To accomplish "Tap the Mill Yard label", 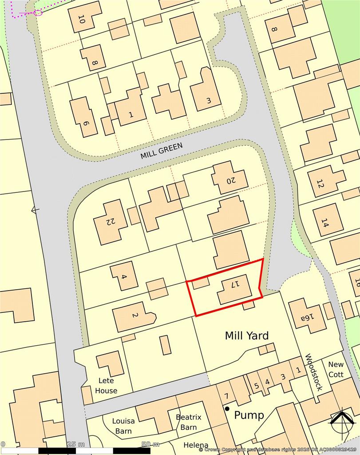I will point(246,335).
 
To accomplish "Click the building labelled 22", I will point(110,221).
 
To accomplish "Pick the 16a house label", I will point(307,316).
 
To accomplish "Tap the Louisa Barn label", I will point(123,426).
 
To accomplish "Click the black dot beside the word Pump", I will point(227,408).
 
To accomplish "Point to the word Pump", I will point(249,415).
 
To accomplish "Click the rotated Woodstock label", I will point(313,372).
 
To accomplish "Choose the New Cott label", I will point(336,369).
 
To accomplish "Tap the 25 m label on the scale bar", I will point(75,444).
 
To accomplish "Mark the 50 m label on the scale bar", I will point(150,444).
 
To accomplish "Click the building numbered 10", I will point(84,17).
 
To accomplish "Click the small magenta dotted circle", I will point(38,12).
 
